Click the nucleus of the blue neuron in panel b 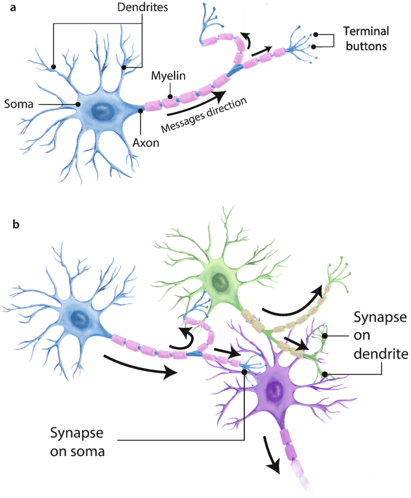77,318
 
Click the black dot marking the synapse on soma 245,372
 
